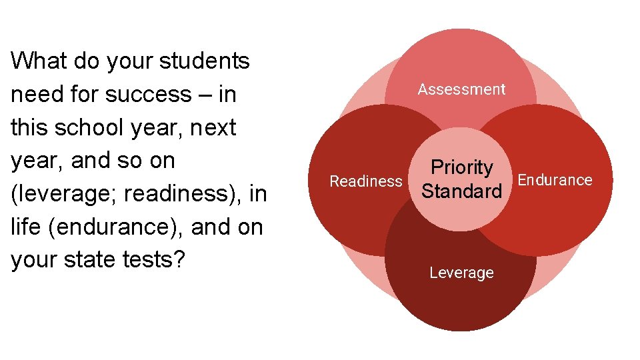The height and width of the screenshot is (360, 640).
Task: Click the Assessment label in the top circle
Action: click(461, 89)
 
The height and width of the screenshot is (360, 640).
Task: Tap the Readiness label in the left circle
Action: click(366, 181)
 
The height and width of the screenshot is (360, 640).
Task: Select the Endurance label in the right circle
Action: click(555, 180)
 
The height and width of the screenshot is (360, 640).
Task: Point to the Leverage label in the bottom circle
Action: click(461, 273)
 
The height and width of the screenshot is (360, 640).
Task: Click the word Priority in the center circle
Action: click(462, 167)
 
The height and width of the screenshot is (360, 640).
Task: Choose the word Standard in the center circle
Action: click(462, 192)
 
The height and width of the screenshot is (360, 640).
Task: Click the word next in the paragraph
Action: click(213, 127)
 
